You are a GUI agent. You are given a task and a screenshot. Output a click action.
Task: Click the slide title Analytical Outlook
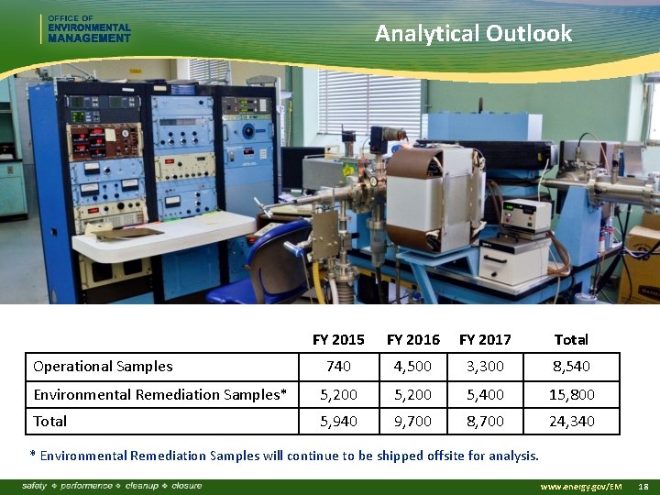click(x=473, y=34)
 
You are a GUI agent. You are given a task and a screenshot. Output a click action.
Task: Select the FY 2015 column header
click(x=338, y=339)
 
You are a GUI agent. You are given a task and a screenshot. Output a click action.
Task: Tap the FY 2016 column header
click(x=412, y=339)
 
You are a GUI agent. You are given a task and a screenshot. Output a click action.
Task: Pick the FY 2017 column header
click(x=485, y=339)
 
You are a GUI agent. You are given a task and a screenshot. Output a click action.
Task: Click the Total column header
click(x=570, y=339)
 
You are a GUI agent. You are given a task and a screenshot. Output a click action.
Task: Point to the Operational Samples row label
click(x=103, y=367)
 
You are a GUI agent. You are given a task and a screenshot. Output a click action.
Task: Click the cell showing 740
click(x=338, y=367)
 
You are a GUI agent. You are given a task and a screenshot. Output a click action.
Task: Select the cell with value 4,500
click(x=412, y=367)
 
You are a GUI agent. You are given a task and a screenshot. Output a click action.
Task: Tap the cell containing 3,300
click(x=485, y=367)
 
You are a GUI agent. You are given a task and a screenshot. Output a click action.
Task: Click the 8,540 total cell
click(x=570, y=367)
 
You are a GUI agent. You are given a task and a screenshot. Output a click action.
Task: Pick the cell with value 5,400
click(x=485, y=394)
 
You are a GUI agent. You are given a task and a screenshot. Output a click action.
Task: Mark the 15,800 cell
click(x=570, y=394)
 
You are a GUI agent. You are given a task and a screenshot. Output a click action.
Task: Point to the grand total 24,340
click(x=570, y=422)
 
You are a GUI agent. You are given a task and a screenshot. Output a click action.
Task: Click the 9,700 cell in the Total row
click(x=412, y=422)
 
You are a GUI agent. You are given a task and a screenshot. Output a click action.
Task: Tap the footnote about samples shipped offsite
click(x=284, y=456)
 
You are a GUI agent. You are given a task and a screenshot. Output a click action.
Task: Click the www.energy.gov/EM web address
click(x=581, y=486)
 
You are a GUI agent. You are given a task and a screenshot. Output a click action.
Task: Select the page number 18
click(x=643, y=486)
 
